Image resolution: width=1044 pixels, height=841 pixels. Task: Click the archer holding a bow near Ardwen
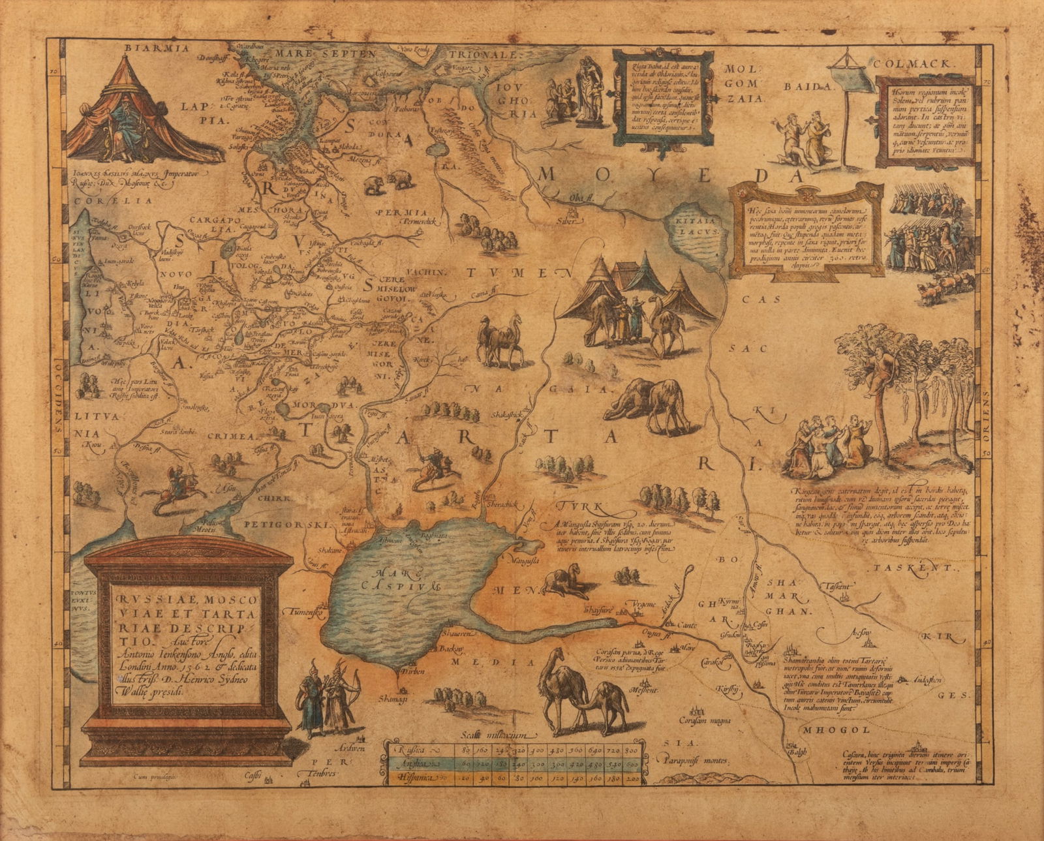click(x=339, y=695)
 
